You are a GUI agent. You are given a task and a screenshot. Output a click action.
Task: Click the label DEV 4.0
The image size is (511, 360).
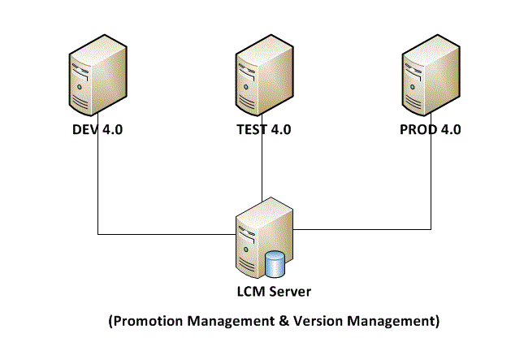click(97, 130)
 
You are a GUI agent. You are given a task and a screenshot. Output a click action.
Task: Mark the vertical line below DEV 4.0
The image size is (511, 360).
click(97, 187)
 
